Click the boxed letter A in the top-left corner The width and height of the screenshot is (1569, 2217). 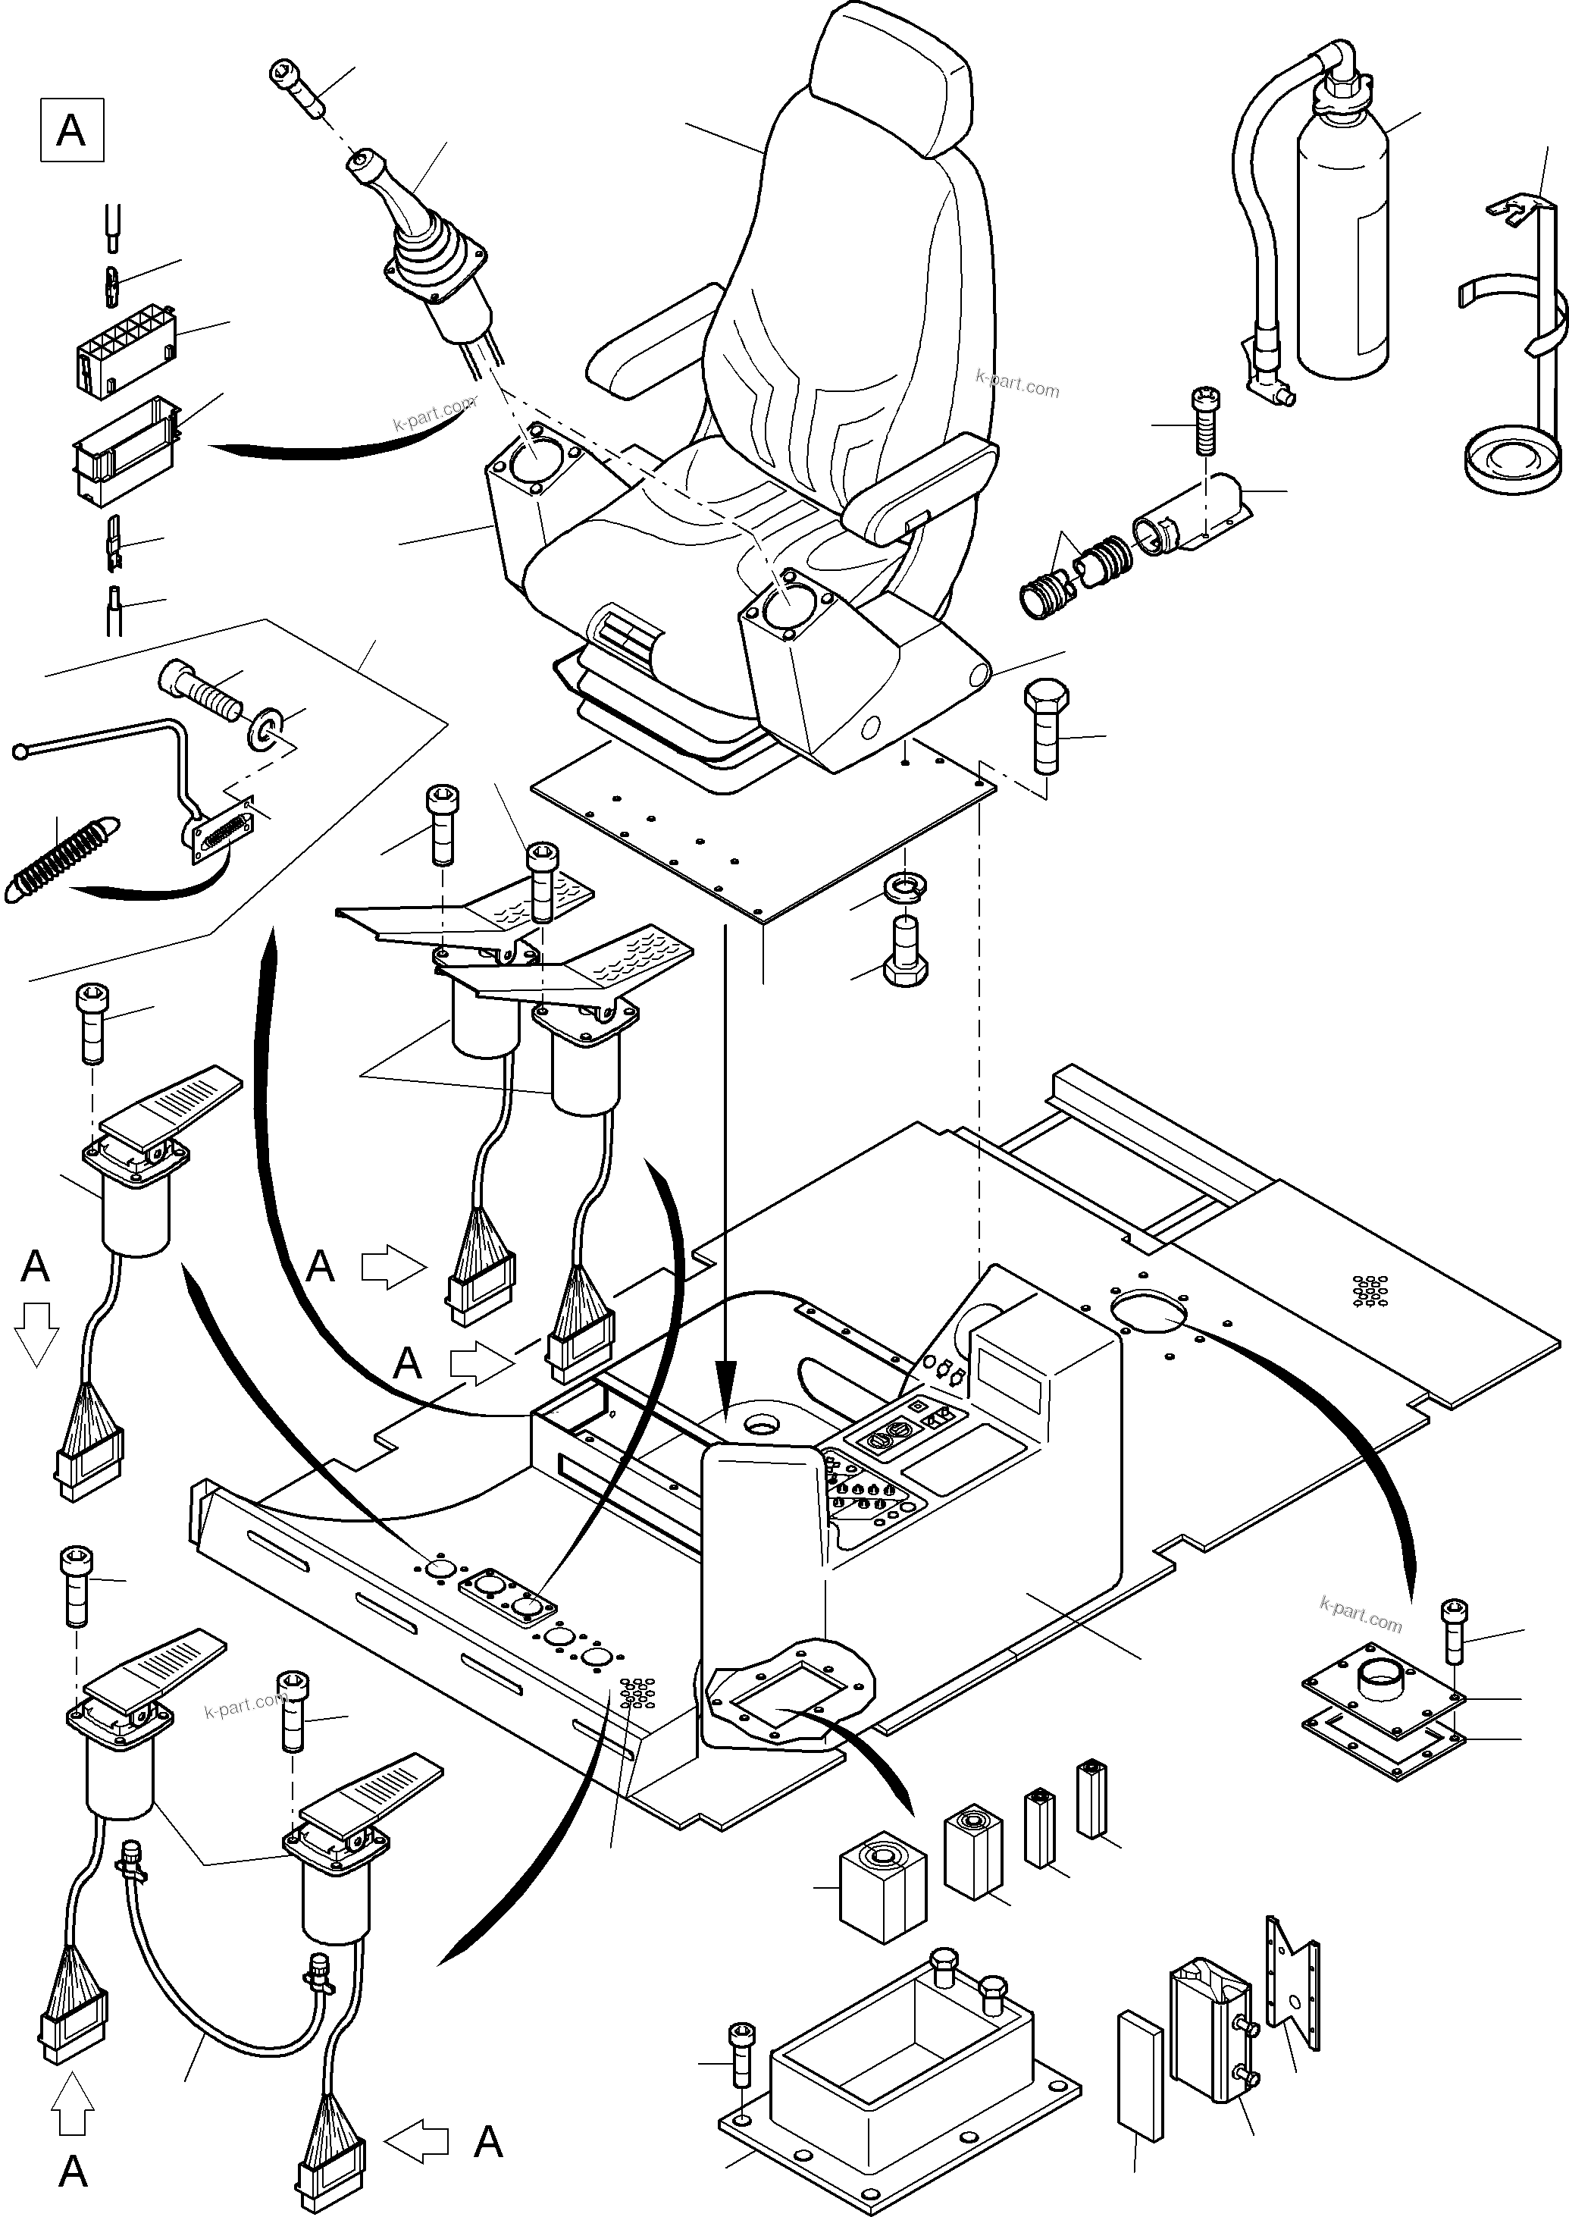(x=71, y=130)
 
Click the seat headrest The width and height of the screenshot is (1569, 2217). (x=891, y=77)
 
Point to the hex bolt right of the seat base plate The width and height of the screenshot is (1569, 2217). (x=1046, y=725)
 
